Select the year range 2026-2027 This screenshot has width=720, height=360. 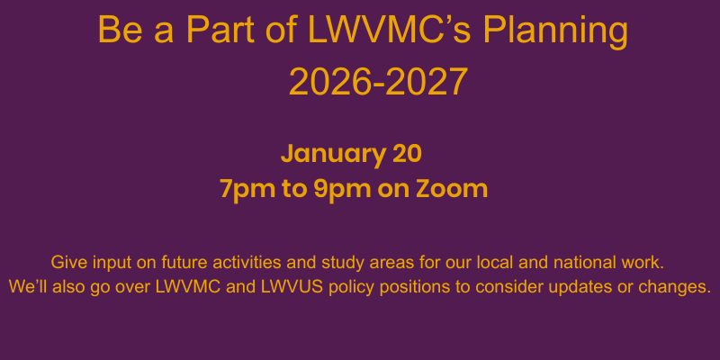pyautogui.click(x=378, y=82)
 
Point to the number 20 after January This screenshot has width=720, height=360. pyautogui.click(x=407, y=153)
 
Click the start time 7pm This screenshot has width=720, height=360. pyautogui.click(x=246, y=189)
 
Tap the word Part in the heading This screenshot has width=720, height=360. pyautogui.click(x=220, y=32)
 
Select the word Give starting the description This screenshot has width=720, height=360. pyautogui.click(x=68, y=264)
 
